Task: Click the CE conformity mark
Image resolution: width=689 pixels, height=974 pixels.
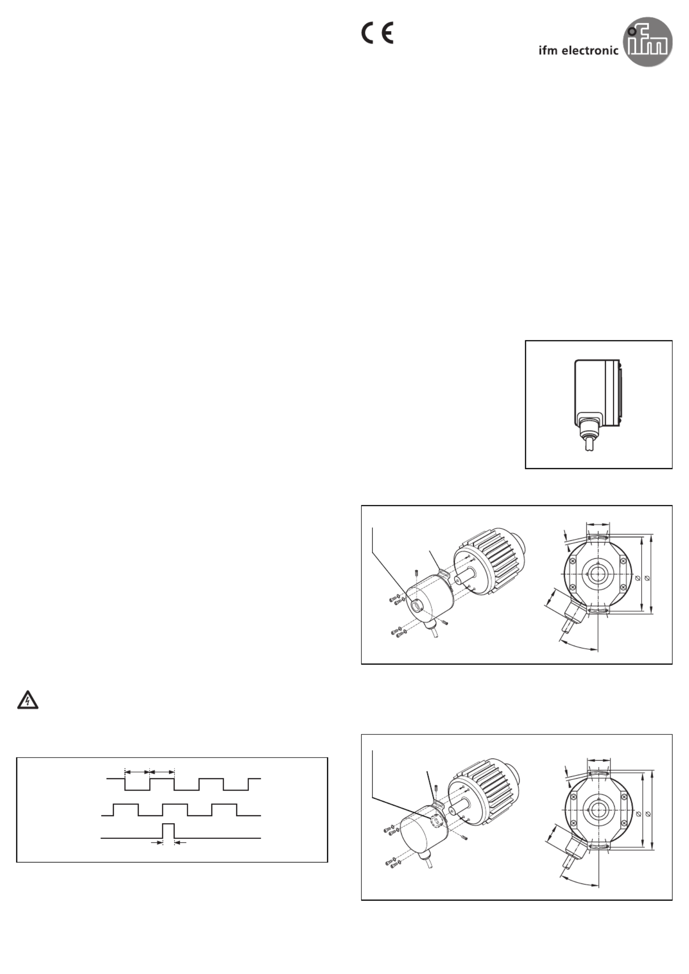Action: click(x=377, y=33)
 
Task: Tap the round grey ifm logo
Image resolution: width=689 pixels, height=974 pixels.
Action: click(x=647, y=42)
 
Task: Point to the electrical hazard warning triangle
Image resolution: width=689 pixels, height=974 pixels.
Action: click(x=28, y=700)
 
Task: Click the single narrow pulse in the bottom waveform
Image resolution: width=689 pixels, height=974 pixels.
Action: click(x=168, y=831)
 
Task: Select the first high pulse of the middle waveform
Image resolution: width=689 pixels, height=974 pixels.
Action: click(x=126, y=810)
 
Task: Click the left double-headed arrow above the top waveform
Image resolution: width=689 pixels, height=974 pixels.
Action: click(x=137, y=772)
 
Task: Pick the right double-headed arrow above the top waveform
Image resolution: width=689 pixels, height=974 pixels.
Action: click(x=162, y=772)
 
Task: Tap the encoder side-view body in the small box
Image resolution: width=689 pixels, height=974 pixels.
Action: click(x=597, y=392)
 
